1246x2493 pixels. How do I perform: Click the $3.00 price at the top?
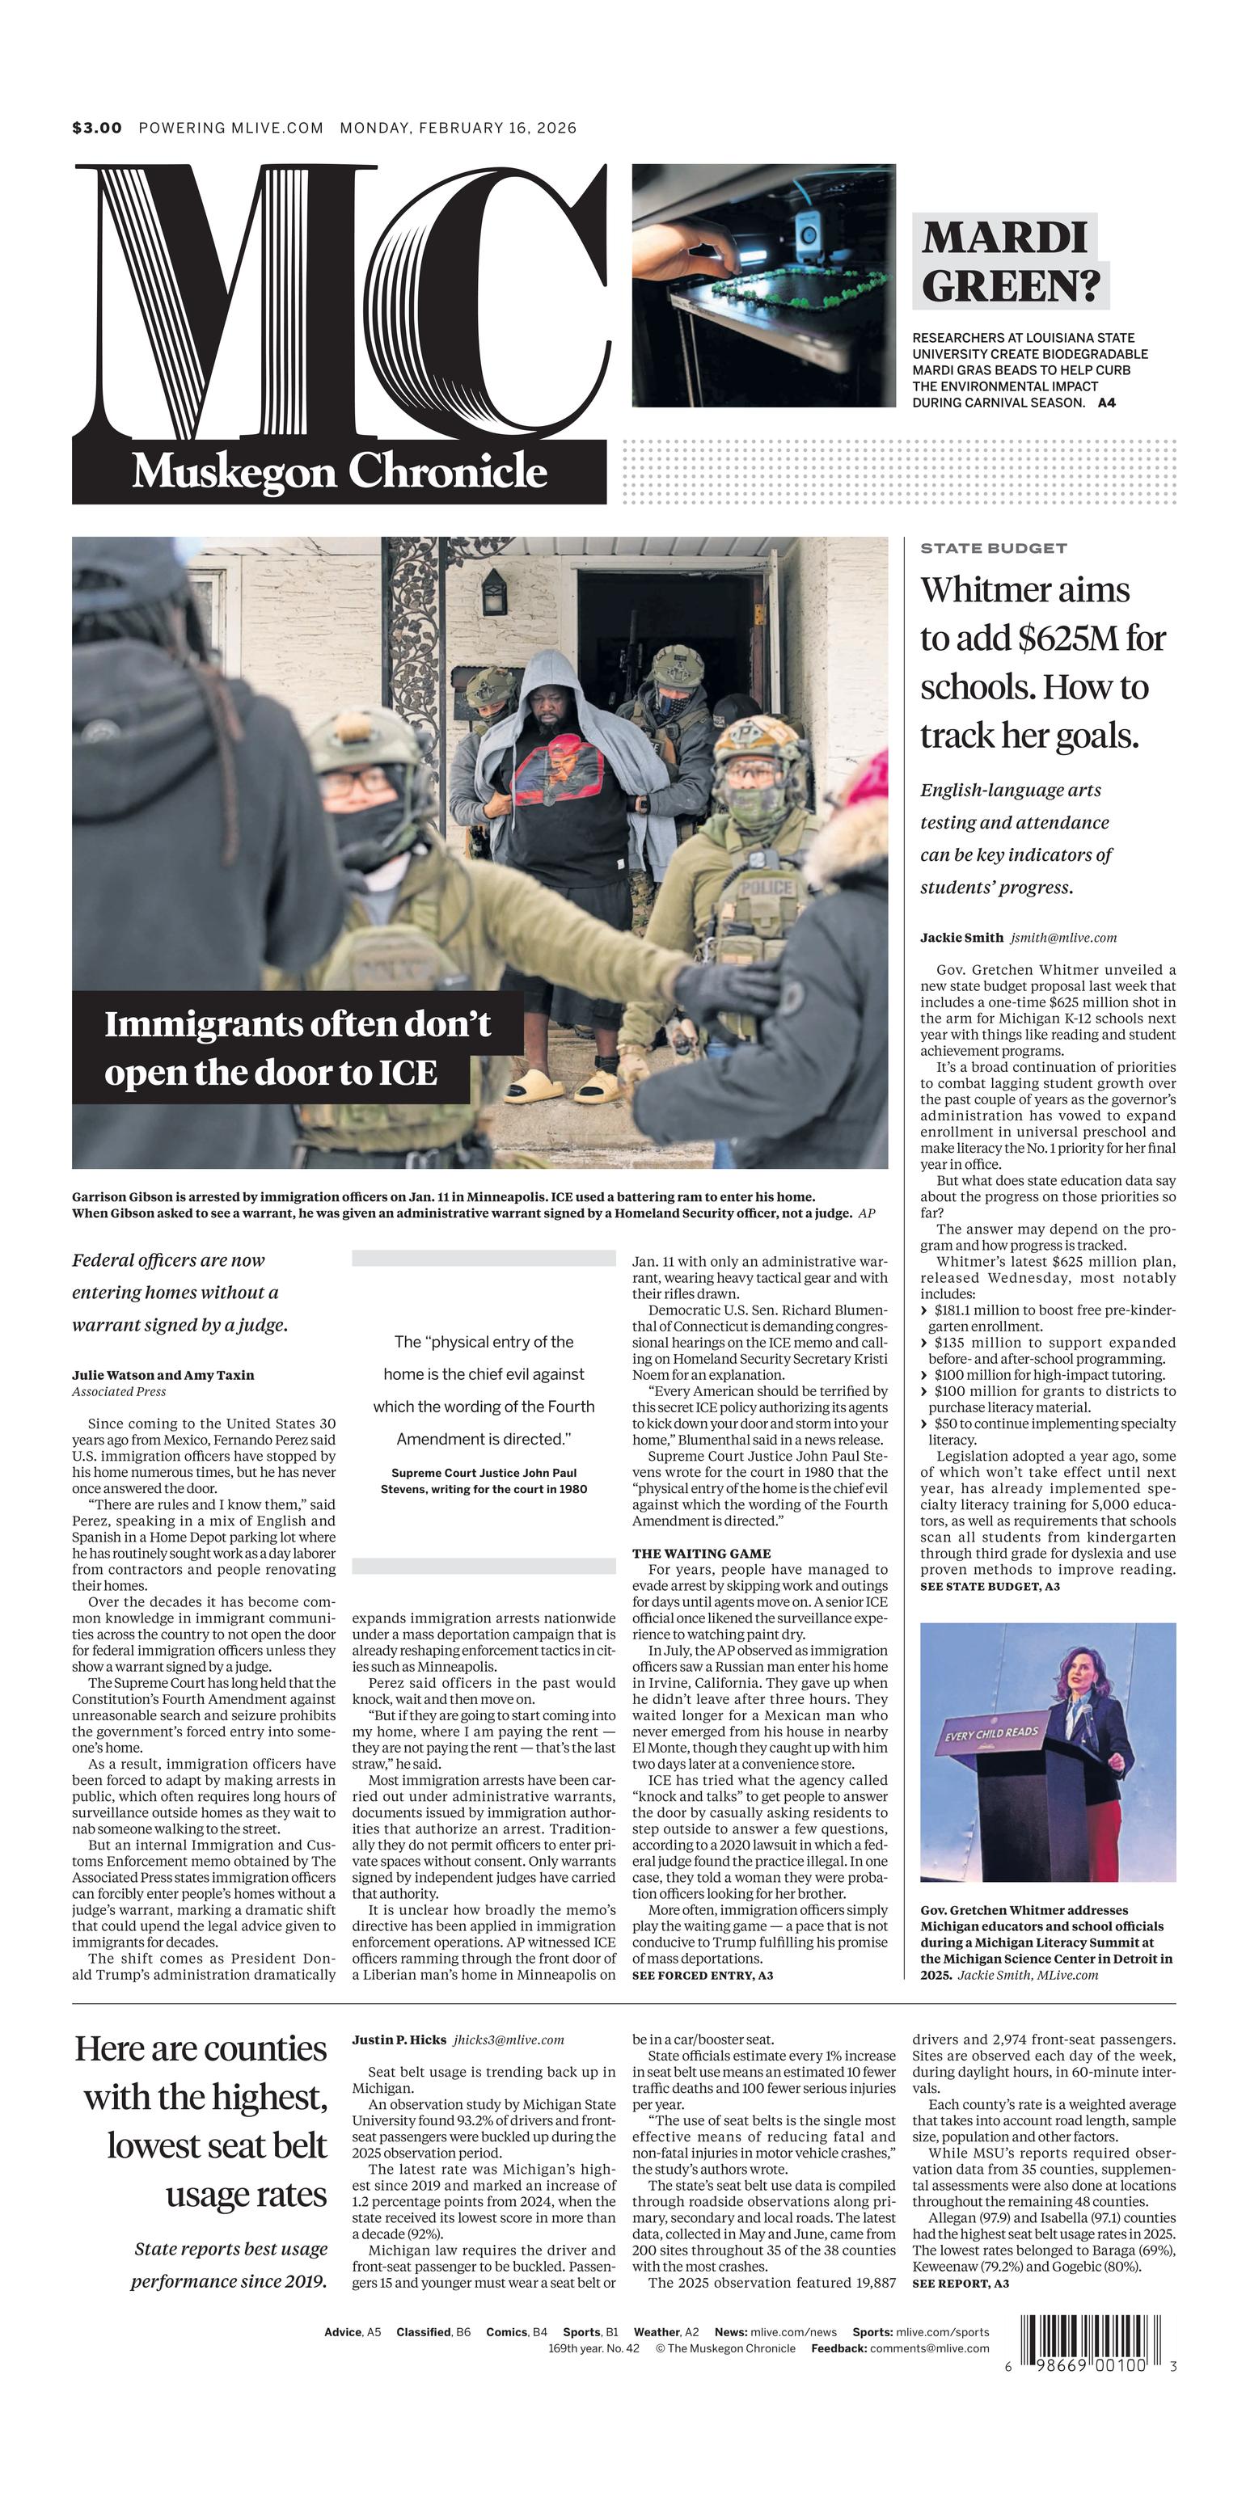pos(97,128)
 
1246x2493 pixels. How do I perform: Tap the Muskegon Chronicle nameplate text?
pos(339,471)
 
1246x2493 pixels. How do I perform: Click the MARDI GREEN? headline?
pos(1010,261)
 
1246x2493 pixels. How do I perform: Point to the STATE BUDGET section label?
pos(993,548)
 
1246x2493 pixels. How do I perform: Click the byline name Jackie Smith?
pos(961,937)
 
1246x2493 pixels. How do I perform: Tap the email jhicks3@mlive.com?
pos(509,2040)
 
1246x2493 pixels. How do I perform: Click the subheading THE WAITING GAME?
pos(701,1554)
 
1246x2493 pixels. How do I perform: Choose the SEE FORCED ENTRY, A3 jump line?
pos(702,1974)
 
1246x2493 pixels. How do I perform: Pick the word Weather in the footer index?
pos(657,2331)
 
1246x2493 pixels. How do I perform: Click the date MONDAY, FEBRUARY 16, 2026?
pos(458,128)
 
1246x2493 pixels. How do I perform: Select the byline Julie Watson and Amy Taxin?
pos(163,1374)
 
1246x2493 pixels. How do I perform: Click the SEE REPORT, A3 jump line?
pos(961,2283)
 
